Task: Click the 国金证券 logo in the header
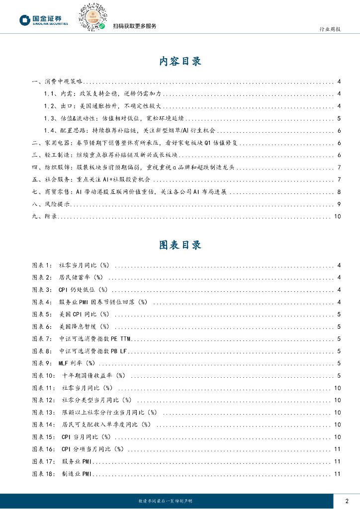pyautogui.click(x=44, y=20)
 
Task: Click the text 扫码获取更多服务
pyautogui.click(x=135, y=26)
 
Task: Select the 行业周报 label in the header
pyautogui.click(x=330, y=30)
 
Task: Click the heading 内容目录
pyautogui.click(x=180, y=61)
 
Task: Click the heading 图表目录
pyautogui.click(x=180, y=245)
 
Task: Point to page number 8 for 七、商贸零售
pyautogui.click(x=338, y=192)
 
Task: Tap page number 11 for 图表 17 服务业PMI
pyautogui.click(x=337, y=461)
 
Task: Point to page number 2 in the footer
pyautogui.click(x=347, y=501)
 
